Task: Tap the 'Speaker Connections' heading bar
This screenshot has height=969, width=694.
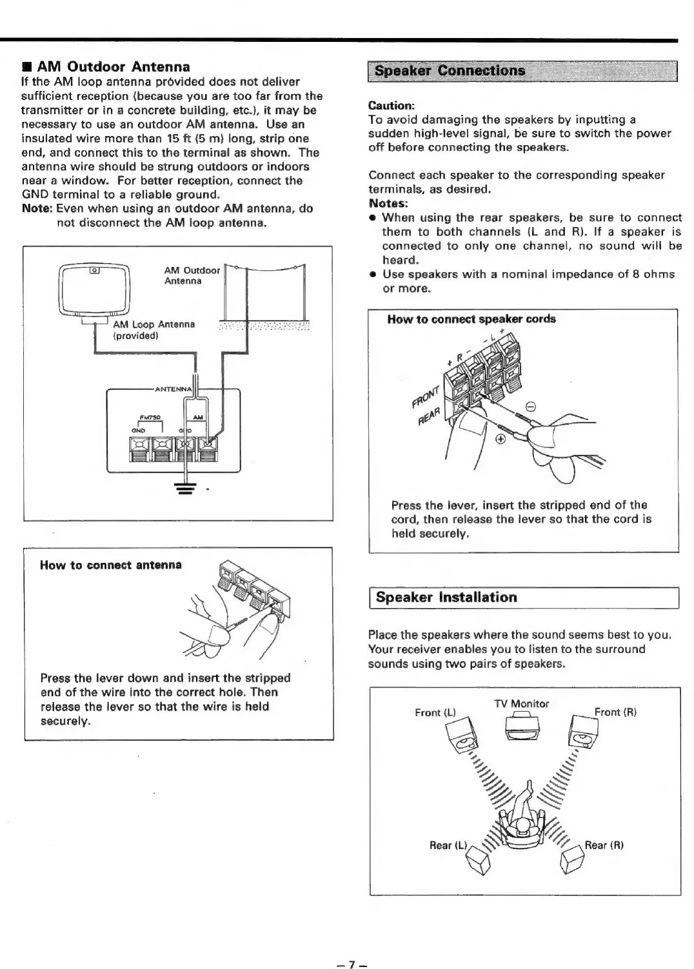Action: (x=450, y=70)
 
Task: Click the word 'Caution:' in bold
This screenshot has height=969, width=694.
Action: (x=391, y=105)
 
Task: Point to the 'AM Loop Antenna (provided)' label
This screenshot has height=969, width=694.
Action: (x=154, y=330)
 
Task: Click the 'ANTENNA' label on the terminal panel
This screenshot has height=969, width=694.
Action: (x=173, y=389)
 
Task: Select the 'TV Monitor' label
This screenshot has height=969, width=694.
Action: (x=522, y=703)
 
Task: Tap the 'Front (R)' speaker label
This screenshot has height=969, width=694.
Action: (x=615, y=712)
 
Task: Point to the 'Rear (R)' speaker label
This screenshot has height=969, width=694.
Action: (x=604, y=845)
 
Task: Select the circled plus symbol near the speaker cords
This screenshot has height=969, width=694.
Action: (x=499, y=439)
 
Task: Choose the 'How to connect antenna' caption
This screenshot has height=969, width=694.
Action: (x=111, y=565)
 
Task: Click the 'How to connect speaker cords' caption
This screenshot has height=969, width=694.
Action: (x=471, y=318)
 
